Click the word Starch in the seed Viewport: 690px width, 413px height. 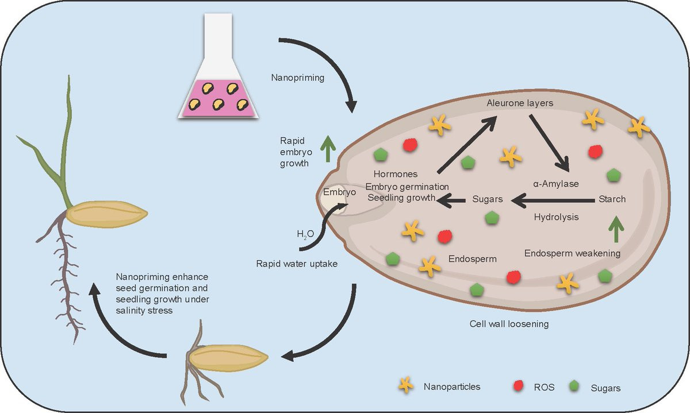(x=612, y=199)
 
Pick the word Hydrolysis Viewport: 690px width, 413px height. (x=556, y=217)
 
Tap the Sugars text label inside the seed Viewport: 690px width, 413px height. (x=488, y=199)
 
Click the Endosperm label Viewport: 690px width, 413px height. (x=473, y=258)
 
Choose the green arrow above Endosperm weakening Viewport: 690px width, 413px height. (x=616, y=229)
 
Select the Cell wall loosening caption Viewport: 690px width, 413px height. (x=509, y=324)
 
